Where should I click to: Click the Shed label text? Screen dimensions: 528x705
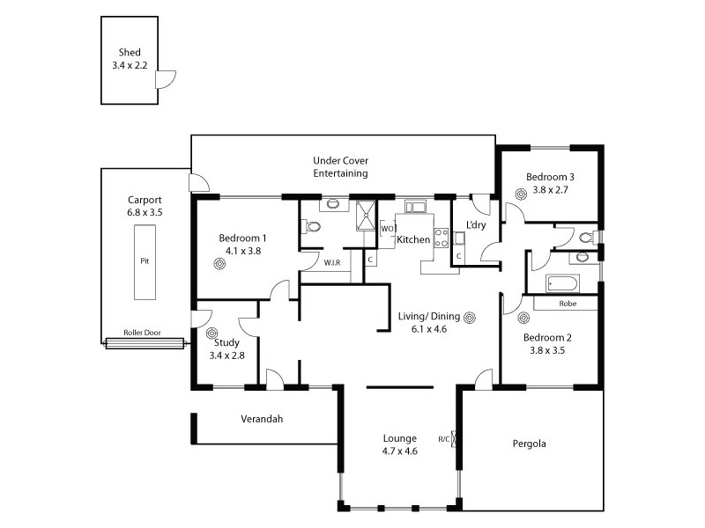click(x=130, y=53)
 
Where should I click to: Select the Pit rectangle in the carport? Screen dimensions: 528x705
click(x=145, y=261)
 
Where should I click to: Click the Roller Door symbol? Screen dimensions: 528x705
click(x=145, y=343)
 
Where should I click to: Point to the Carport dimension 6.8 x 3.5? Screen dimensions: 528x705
click(x=145, y=212)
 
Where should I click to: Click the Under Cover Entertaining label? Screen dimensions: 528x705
click(x=340, y=167)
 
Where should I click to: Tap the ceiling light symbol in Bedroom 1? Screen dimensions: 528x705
click(x=219, y=263)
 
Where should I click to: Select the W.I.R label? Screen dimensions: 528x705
click(x=332, y=262)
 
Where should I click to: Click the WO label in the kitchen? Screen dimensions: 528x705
click(x=387, y=230)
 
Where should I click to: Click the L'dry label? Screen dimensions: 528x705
click(x=477, y=225)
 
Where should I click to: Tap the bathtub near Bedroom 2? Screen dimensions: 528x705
click(x=561, y=283)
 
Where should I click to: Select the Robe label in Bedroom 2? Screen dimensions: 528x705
click(x=567, y=303)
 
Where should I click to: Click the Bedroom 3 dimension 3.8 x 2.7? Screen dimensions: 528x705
click(x=551, y=189)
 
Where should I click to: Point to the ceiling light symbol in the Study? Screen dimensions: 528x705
click(x=211, y=333)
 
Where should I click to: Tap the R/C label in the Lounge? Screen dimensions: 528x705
click(x=442, y=437)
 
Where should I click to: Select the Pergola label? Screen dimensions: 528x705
click(x=529, y=444)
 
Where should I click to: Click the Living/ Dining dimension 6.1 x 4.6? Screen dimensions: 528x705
click(x=429, y=329)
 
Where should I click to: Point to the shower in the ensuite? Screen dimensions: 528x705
click(x=366, y=215)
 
